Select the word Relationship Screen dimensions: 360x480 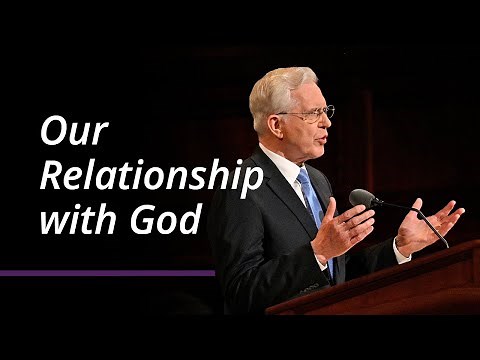pos(150,176)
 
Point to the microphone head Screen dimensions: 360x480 pos(362,199)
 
